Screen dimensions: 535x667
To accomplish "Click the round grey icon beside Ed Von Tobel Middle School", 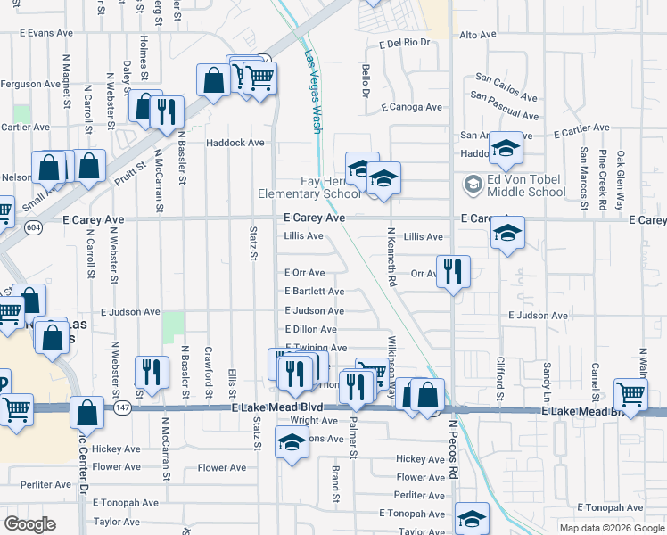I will (473, 185).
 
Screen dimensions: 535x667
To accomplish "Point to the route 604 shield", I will (33, 227).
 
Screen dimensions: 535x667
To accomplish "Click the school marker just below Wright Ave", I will (292, 442).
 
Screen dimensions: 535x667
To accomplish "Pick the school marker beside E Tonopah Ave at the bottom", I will (473, 518).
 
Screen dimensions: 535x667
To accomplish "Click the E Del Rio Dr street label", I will (405, 42).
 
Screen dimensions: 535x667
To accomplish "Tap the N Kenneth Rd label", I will (391, 257).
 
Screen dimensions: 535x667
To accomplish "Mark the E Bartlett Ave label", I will (314, 292).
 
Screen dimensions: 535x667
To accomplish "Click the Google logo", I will (30, 524).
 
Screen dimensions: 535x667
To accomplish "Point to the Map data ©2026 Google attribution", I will (611, 528).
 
